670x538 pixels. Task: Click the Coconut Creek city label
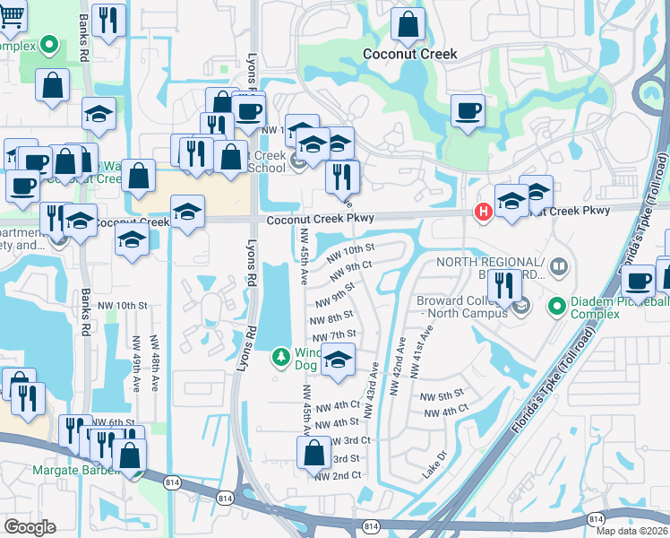[409, 54]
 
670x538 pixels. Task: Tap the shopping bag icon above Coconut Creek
[408, 26]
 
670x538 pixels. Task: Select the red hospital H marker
[482, 212]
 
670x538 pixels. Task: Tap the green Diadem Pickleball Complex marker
[556, 308]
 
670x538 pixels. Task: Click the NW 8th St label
[331, 318]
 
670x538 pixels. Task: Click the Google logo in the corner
[30, 526]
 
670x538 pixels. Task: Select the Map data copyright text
[631, 531]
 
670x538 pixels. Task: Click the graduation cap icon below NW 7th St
[337, 360]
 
